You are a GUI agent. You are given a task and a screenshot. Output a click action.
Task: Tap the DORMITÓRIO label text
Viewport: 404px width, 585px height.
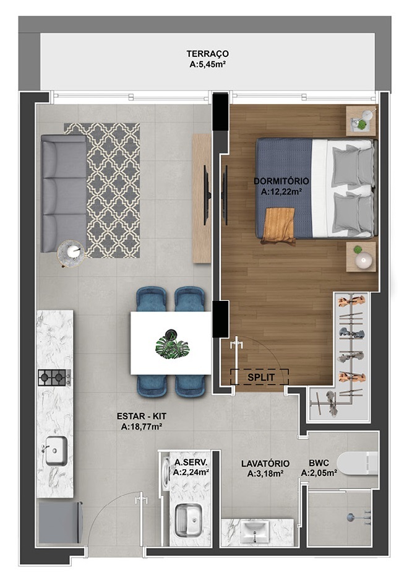pos(281,181)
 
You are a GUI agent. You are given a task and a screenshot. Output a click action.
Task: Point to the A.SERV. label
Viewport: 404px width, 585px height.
pos(191,462)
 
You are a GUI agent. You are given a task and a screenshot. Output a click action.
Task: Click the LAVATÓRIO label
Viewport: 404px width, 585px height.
pos(264,463)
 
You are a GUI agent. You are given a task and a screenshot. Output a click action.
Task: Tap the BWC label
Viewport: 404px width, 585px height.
pos(318,462)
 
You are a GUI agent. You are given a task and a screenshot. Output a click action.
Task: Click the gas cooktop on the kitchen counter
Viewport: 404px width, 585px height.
pos(54,377)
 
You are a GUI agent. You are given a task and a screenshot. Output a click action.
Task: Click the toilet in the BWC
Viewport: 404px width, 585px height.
pos(358,462)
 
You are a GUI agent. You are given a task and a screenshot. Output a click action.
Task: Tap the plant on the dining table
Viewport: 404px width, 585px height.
pos(171,342)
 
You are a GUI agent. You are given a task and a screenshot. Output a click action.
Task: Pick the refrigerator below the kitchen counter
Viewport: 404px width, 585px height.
pos(59,522)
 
